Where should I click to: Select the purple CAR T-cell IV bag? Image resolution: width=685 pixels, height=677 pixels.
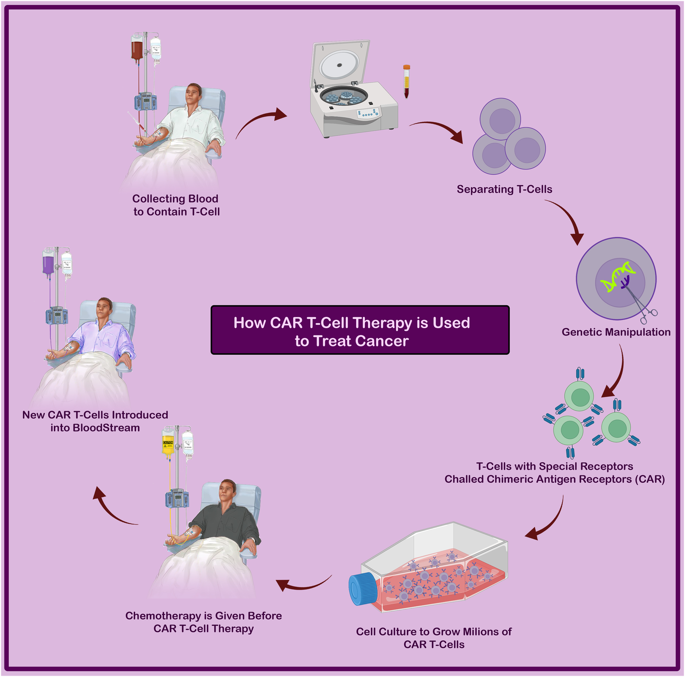tap(48, 265)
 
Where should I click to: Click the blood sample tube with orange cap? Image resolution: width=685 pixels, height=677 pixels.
tap(406, 81)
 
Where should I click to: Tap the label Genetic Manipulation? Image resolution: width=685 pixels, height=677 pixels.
tap(616, 332)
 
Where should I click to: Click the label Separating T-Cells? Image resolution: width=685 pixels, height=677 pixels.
tap(505, 189)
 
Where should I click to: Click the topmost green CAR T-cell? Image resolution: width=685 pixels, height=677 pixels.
tap(579, 395)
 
